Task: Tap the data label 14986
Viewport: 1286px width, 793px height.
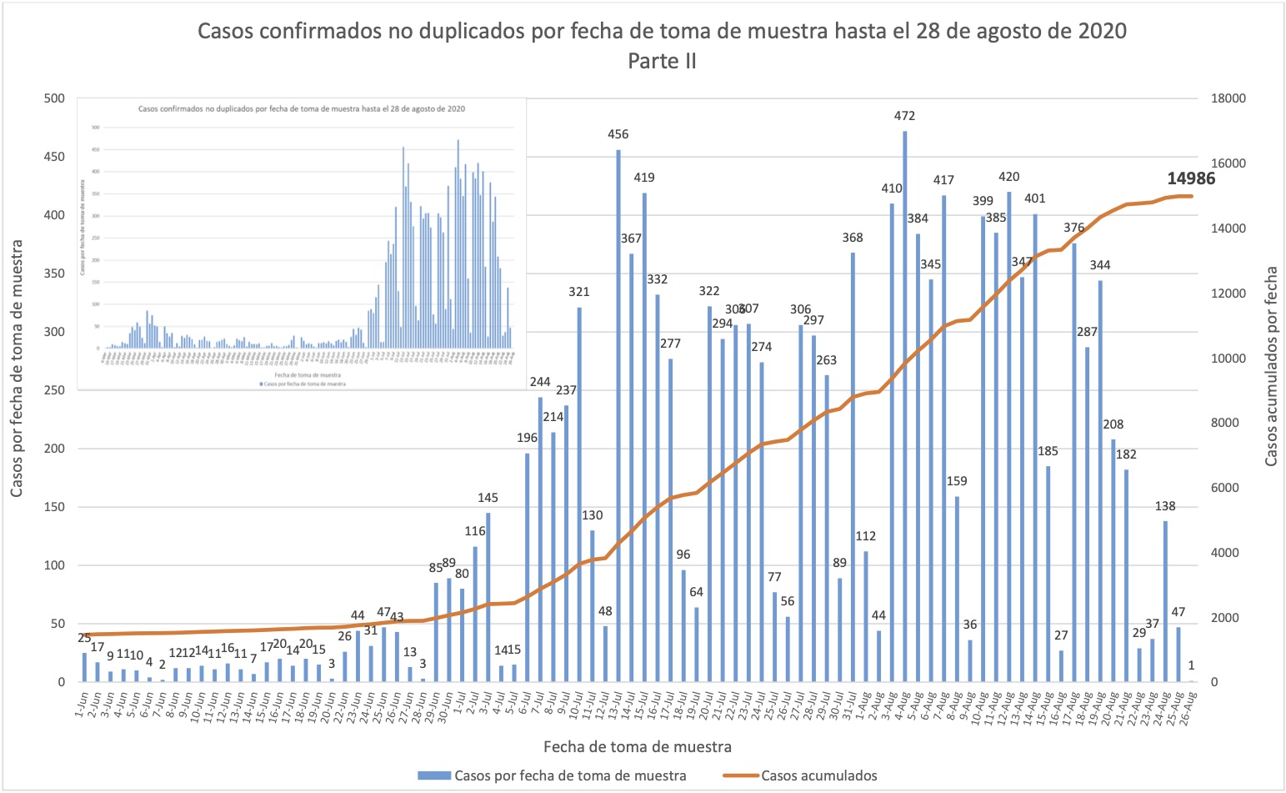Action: click(x=1191, y=178)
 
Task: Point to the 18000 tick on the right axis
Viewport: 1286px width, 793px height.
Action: click(x=1227, y=98)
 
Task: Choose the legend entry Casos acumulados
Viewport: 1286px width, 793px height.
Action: click(x=818, y=775)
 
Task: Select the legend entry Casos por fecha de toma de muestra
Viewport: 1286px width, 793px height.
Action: click(x=570, y=775)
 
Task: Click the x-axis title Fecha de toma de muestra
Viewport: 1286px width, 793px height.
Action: click(x=638, y=746)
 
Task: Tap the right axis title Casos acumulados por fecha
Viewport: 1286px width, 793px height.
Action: click(x=1271, y=367)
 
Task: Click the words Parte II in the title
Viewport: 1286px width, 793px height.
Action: click(x=662, y=62)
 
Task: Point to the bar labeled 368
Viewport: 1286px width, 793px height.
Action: click(x=853, y=467)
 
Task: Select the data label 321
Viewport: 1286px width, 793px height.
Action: click(x=579, y=292)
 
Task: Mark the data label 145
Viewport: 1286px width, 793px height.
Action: click(x=488, y=498)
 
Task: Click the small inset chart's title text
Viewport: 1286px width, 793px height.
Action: click(x=301, y=109)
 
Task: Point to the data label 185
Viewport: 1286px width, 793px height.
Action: click(x=1048, y=451)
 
